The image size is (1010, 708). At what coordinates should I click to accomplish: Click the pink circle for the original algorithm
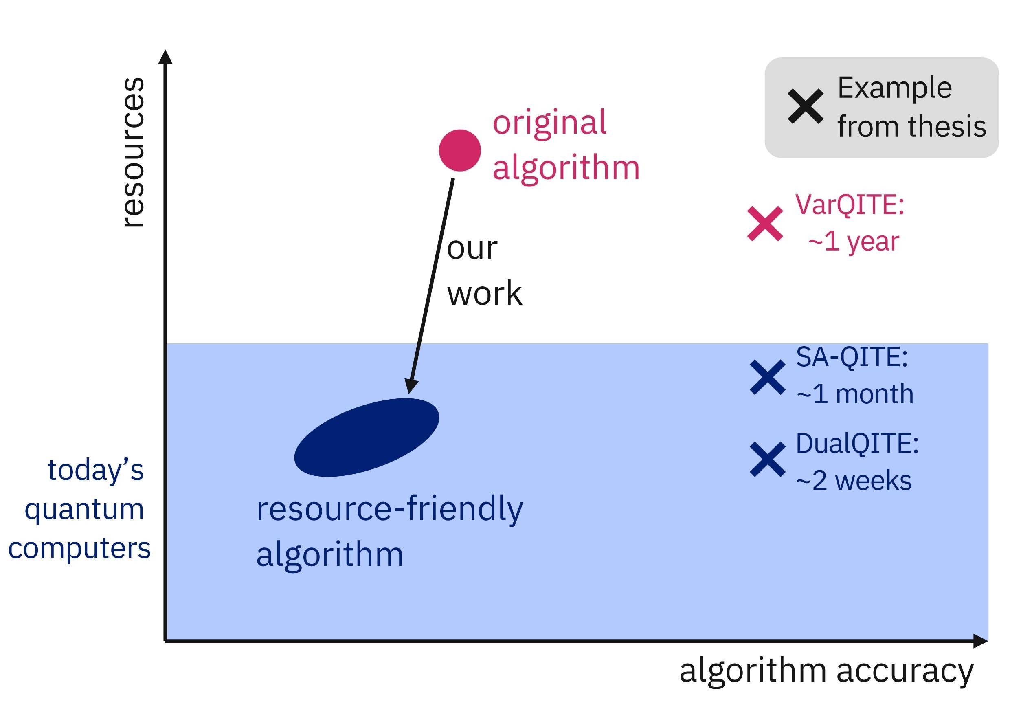pos(460,150)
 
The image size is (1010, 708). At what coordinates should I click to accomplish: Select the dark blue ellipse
pos(367,437)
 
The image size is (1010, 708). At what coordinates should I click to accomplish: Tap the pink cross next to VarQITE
pos(765,224)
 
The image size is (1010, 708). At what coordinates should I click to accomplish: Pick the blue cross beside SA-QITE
pos(768,377)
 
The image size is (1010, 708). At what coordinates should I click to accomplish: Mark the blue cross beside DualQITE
pos(768,460)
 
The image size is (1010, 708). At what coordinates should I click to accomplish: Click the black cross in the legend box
pos(805,106)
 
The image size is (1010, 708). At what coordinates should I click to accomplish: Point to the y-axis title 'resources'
pos(132,152)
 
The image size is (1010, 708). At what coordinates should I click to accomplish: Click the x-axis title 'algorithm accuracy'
pos(826,671)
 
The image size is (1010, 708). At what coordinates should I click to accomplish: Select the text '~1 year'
pos(853,241)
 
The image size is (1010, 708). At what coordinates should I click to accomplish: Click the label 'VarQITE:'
pos(850,204)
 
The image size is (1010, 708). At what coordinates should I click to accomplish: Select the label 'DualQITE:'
pos(857,443)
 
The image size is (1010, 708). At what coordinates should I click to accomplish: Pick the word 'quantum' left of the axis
pos(84,510)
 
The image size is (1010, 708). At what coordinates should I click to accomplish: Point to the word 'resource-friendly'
pos(389,509)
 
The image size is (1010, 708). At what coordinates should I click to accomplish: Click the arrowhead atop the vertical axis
pos(165,57)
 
